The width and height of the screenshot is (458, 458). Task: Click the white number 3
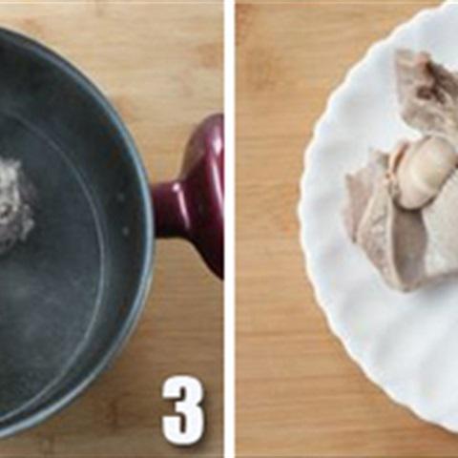click(182, 409)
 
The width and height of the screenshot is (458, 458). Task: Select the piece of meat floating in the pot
click(13, 205)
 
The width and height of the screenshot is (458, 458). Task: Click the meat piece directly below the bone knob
click(401, 239)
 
